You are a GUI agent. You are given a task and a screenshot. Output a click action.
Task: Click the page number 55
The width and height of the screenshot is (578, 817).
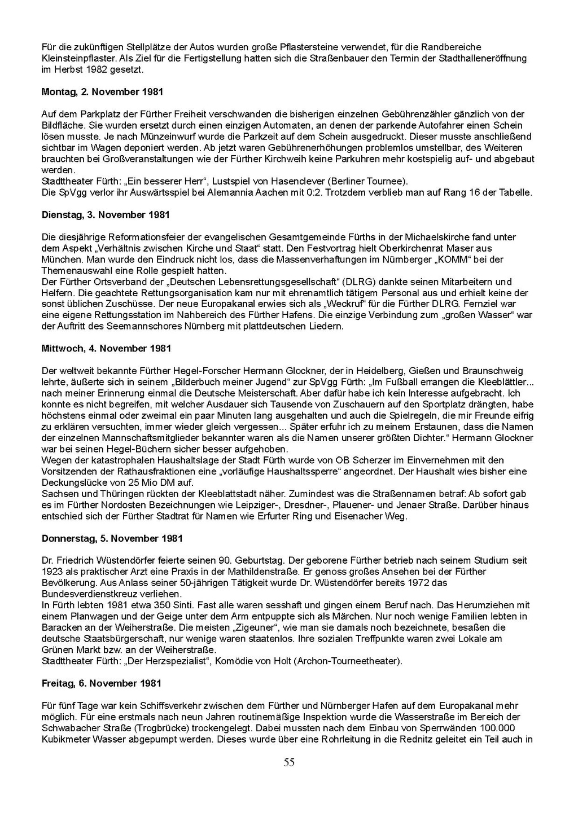289,763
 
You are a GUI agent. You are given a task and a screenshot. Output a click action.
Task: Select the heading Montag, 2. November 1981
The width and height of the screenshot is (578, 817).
103,91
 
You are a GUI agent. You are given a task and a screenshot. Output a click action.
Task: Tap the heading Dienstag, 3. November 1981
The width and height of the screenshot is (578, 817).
106,215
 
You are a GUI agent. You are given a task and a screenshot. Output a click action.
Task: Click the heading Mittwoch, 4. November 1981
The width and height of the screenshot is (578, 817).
106,349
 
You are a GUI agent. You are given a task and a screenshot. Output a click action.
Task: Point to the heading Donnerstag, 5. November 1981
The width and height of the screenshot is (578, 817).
112,538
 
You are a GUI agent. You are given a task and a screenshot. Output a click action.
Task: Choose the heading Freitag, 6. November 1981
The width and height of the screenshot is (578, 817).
102,683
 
